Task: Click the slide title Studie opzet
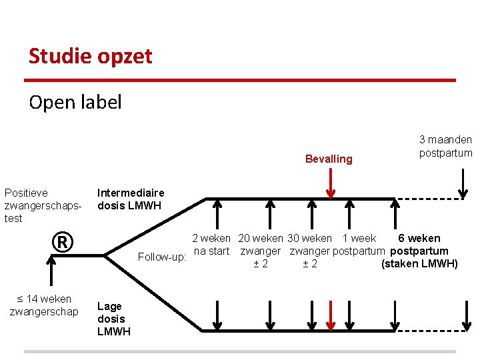90,56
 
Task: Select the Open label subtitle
75,102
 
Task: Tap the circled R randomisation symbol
61,242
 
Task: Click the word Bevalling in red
328,159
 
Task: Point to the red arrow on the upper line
331,182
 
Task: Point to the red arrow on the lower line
331,315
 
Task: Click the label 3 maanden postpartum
445,146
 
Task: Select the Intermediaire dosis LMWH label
131,199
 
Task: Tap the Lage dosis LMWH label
114,319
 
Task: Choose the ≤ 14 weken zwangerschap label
44,305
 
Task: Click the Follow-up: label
162,257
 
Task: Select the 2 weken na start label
211,245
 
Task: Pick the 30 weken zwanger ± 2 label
309,251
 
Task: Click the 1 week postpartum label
359,245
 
